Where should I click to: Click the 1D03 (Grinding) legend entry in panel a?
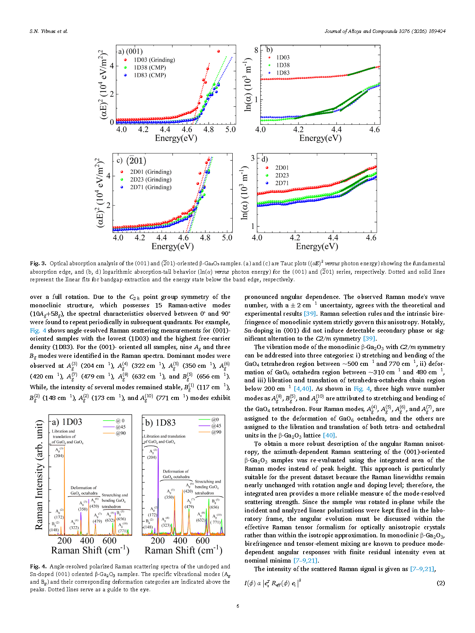(150, 60)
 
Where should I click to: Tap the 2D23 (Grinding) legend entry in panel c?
(146, 179)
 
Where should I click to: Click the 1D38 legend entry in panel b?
(279, 65)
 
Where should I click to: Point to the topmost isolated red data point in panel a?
(218, 51)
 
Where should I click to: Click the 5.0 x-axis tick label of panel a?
(230, 129)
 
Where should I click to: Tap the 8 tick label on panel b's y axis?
(256, 51)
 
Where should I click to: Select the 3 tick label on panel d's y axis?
(253, 158)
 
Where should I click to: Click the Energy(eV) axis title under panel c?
(173, 246)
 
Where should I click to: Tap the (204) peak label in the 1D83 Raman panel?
(152, 457)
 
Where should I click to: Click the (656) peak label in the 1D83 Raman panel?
(214, 507)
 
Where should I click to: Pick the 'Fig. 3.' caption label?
(38, 264)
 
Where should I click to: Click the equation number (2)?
(441, 583)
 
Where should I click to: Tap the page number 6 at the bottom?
(238, 606)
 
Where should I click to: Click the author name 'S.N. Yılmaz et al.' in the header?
(49, 31)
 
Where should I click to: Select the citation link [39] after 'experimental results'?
(310, 313)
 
